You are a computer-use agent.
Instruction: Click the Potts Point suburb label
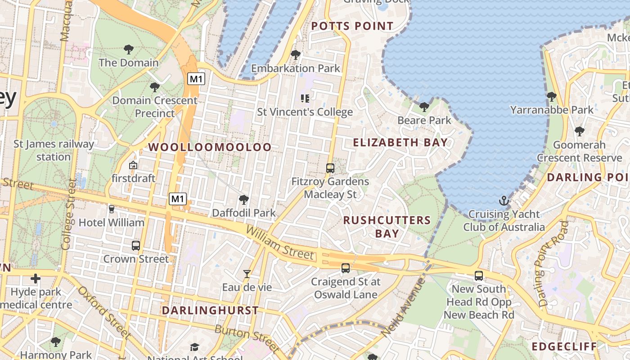pos(352,26)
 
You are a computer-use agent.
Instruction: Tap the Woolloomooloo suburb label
pos(210,147)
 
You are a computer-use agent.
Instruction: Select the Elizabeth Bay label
pos(400,143)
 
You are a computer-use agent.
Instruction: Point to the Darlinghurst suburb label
pos(210,310)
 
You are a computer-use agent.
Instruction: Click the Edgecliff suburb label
pos(564,346)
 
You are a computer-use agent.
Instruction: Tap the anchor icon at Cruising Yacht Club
pos(504,201)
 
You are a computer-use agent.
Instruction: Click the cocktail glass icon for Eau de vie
pos(247,274)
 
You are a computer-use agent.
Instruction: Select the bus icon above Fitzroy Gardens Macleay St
pos(330,168)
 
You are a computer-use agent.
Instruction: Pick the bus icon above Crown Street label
pos(136,246)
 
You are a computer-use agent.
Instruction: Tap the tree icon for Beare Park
pos(424,107)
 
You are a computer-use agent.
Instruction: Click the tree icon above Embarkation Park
pos(296,55)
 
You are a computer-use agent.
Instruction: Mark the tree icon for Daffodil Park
pos(244,199)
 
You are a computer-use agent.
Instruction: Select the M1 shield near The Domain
pos(196,79)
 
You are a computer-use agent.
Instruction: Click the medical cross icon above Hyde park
pos(36,279)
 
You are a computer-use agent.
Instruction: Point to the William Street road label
pos(279,243)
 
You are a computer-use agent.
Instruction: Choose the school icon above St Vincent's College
pos(305,98)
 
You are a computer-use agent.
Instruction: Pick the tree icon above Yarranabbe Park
pos(551,96)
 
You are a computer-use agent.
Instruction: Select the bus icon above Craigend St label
pos(346,268)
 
